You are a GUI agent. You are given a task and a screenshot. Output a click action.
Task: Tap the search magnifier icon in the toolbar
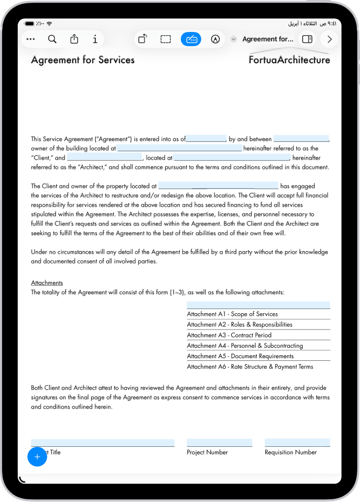(52, 39)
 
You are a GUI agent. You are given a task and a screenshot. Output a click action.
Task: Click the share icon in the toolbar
(74, 39)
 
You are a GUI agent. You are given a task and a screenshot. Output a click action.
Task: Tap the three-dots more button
(30, 39)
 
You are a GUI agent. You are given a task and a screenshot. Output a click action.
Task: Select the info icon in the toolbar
(95, 39)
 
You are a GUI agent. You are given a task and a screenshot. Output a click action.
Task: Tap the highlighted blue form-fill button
(191, 39)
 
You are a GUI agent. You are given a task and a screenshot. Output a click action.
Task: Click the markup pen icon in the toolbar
(215, 39)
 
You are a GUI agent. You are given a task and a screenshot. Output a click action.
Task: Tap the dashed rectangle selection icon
(166, 39)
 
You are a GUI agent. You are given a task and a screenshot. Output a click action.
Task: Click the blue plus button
(37, 457)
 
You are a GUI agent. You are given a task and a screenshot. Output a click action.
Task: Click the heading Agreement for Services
(83, 60)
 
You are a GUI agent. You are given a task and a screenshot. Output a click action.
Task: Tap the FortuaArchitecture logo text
(289, 60)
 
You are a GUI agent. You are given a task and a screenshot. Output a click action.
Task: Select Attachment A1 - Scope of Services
(232, 314)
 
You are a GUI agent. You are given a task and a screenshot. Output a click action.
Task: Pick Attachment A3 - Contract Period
(229, 335)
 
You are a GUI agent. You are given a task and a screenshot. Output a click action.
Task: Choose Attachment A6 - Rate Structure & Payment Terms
(250, 367)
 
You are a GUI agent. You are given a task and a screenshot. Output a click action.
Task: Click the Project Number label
(207, 452)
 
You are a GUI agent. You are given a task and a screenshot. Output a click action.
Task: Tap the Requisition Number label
(291, 452)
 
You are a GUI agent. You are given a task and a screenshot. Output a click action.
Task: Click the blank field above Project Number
(219, 442)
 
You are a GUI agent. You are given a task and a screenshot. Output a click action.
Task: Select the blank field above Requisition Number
(297, 442)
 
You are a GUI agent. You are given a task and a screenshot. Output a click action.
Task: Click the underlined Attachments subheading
(47, 283)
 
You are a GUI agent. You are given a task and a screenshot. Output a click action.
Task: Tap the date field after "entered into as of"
(206, 138)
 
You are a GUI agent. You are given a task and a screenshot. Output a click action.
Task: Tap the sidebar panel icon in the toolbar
(307, 39)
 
